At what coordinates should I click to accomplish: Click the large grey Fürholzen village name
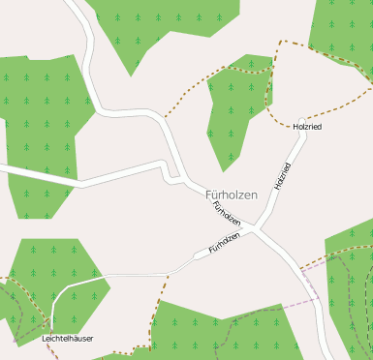(x=232, y=195)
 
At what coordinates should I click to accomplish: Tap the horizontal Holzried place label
(x=306, y=127)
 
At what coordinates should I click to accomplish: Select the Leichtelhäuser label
(x=67, y=340)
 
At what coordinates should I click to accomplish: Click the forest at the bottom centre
(x=233, y=334)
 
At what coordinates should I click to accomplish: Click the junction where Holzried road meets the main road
(x=257, y=229)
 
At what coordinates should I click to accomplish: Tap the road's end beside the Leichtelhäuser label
(x=52, y=328)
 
